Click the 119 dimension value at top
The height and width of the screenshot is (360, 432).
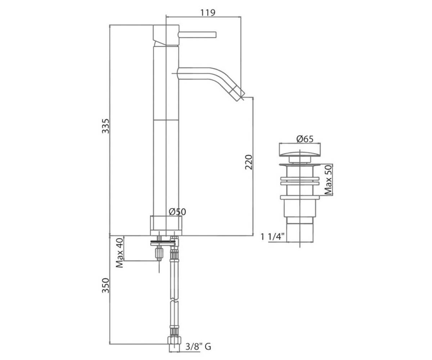[x=208, y=13]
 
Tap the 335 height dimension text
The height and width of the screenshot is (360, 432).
[x=106, y=126]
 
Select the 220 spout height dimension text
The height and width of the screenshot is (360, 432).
[x=249, y=162]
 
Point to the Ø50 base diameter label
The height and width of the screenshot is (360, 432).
[x=177, y=212]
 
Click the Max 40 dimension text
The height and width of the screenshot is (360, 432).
[x=120, y=253]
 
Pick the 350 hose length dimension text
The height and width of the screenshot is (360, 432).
[x=106, y=285]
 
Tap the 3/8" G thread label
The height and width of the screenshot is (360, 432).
[x=198, y=347]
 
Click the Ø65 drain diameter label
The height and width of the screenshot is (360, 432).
[x=305, y=139]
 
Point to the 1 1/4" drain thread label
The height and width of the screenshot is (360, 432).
[x=273, y=237]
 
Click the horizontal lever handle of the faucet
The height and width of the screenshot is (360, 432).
[x=198, y=35]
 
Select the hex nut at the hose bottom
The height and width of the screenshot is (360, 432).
[x=174, y=342]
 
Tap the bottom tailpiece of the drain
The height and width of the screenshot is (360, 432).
[x=300, y=232]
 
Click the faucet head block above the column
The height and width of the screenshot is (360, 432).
[x=166, y=35]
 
